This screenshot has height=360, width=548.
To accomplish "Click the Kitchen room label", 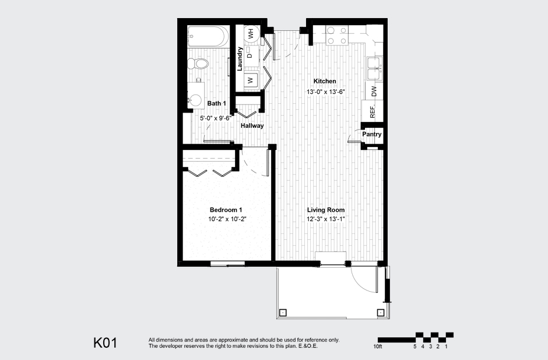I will coord(325,81).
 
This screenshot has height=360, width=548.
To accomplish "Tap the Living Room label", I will coord(326,210).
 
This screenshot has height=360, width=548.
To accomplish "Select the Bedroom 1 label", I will coord(226,210).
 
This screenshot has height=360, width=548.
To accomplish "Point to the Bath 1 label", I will coord(216,104).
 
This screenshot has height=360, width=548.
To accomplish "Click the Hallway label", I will coord(252,125).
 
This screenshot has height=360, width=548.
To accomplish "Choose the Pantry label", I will coord(371,134).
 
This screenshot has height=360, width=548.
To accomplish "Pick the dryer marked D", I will coord(250,56).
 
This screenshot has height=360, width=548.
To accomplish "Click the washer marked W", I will coord(250,81).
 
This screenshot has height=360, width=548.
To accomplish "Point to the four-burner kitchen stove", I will coord(337,35).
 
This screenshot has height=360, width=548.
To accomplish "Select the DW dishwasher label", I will coord(374,91).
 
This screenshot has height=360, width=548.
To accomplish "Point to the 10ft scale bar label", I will coord(378,347).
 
